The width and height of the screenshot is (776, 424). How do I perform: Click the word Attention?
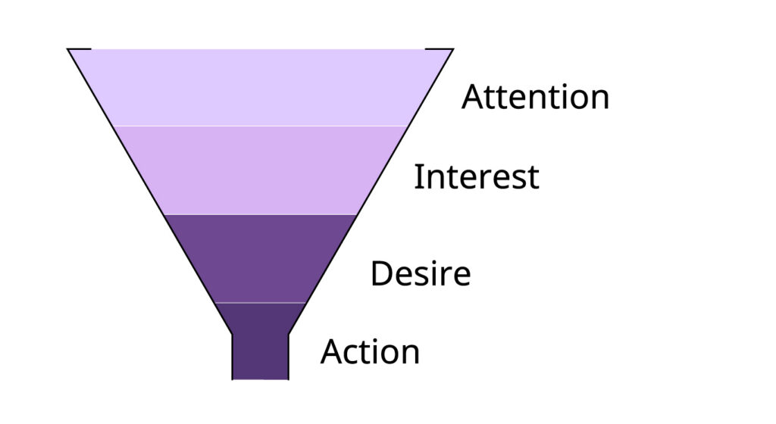pyautogui.click(x=536, y=96)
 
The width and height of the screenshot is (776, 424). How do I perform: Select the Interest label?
pyautogui.click(x=476, y=176)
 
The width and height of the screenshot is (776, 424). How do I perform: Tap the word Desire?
pyautogui.click(x=421, y=273)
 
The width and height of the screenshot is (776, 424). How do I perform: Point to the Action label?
pyautogui.click(x=370, y=352)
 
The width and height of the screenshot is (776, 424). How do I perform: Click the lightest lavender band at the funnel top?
pyautogui.click(x=261, y=88)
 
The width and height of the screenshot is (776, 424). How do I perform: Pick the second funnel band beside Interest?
pyautogui.click(x=261, y=170)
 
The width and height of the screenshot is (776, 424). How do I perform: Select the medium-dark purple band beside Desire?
pyautogui.click(x=261, y=258)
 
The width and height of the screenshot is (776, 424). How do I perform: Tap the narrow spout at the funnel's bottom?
pyautogui.click(x=261, y=357)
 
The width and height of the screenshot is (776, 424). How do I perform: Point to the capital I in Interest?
pyautogui.click(x=418, y=177)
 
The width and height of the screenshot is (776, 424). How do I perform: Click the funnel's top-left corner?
pyautogui.click(x=68, y=49)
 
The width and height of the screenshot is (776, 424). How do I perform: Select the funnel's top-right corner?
pyautogui.click(x=453, y=49)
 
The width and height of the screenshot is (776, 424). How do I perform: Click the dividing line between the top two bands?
pyautogui.click(x=261, y=126)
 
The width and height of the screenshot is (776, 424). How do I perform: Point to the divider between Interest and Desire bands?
pyautogui.click(x=261, y=214)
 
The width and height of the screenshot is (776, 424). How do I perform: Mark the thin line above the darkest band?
pyautogui.click(x=261, y=302)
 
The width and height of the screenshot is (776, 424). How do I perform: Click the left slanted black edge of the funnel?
pyautogui.click(x=150, y=192)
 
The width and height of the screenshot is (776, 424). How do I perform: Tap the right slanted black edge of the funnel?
pyautogui.click(x=371, y=192)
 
